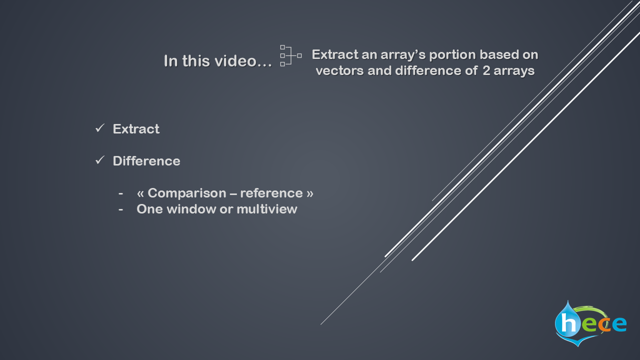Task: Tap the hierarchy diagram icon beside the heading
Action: pos(291,55)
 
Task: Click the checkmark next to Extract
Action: pos(100,128)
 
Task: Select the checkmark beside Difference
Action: pos(100,160)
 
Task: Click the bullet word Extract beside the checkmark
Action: pos(136,129)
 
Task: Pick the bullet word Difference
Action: pos(146,161)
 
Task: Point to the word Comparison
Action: pos(187,193)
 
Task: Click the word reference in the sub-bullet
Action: pos(271,193)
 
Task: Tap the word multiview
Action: pos(267,209)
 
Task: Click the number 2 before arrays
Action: pos(486,71)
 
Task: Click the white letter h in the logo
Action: pos(568,323)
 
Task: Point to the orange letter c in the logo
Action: pos(604,324)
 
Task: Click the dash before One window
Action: pos(121,209)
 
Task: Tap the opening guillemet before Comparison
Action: pos(140,193)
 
